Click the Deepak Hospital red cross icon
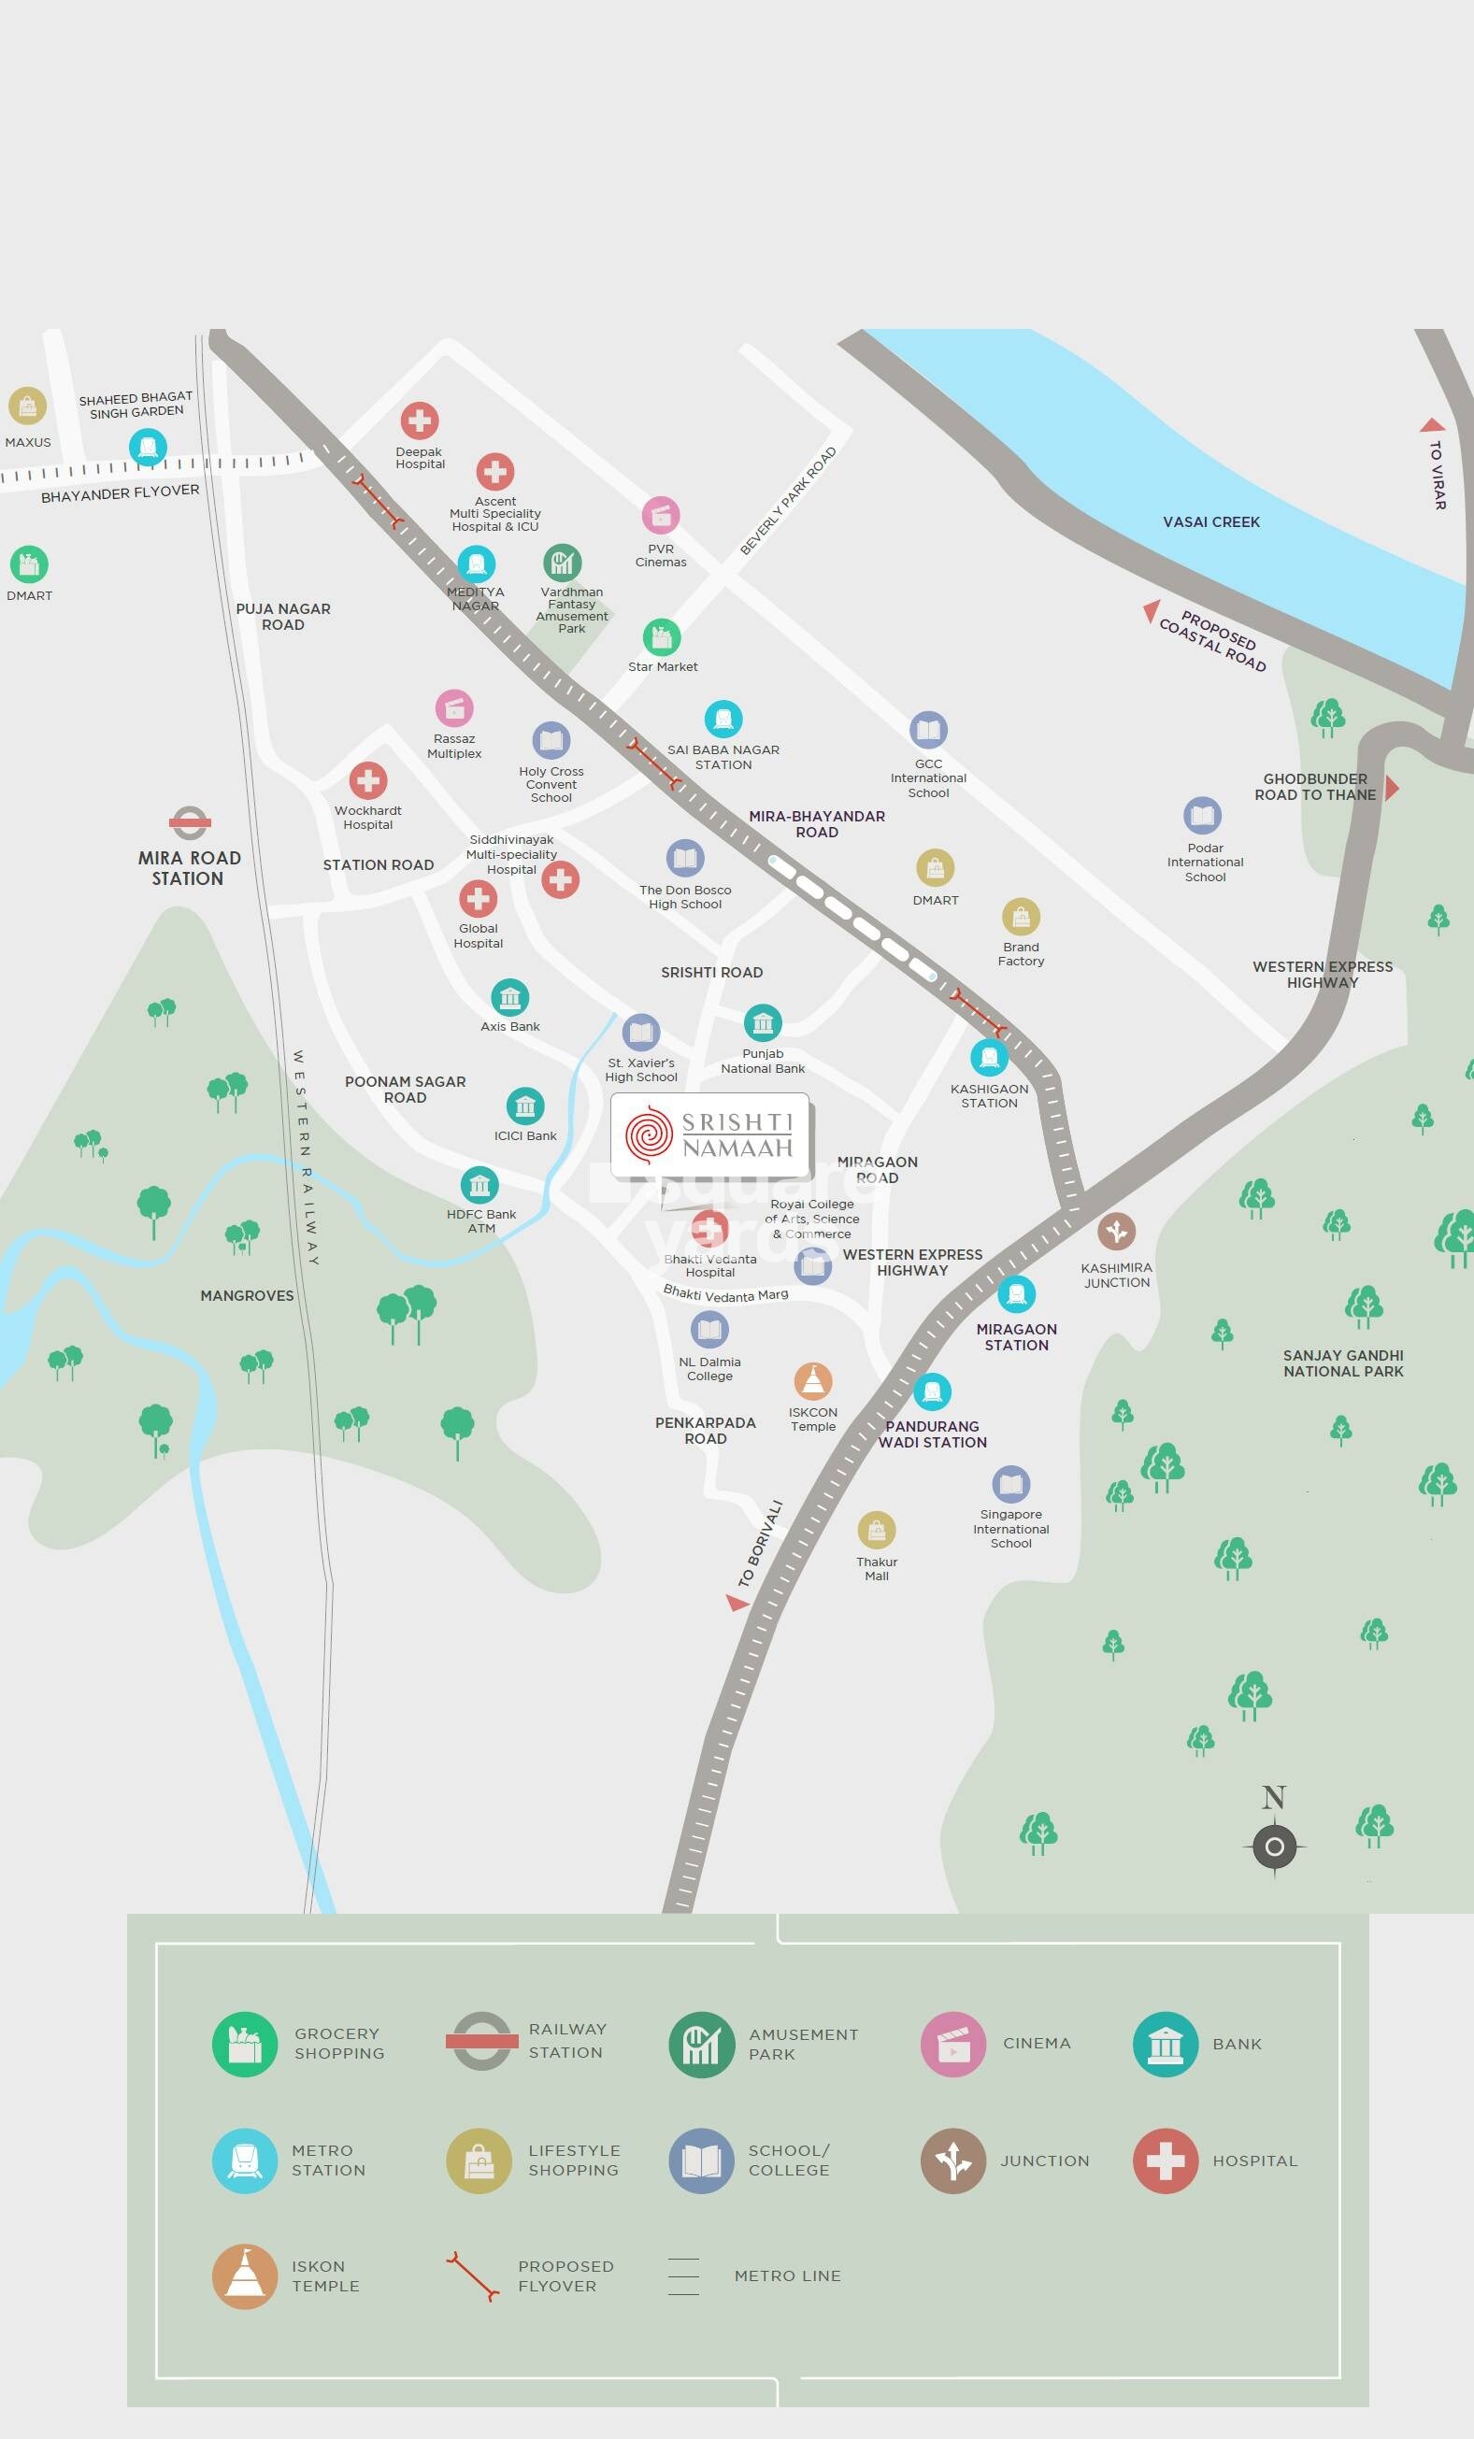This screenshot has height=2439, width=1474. [x=419, y=421]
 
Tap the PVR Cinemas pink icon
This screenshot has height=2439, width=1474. [x=660, y=516]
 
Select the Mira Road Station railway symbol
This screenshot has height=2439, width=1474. [x=189, y=821]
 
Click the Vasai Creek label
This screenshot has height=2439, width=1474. [x=1210, y=521]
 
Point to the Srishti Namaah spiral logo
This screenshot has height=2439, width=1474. [x=649, y=1135]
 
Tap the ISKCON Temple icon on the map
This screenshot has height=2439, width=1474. [x=813, y=1380]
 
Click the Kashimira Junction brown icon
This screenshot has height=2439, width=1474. [x=1116, y=1232]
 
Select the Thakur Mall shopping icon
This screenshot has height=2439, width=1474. [x=876, y=1530]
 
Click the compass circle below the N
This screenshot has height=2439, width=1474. [x=1274, y=1847]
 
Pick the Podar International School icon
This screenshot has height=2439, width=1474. [x=1202, y=816]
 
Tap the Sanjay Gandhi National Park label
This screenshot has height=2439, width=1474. [x=1342, y=1363]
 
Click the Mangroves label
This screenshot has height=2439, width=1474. [x=247, y=1296]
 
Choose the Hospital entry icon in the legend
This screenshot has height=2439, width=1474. [x=1166, y=2161]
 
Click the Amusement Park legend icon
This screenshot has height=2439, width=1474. [x=701, y=2044]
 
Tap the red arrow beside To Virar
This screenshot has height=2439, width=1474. [x=1431, y=425]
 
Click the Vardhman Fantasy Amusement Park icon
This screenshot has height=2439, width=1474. [x=562, y=563]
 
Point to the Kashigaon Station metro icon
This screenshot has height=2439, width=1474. [x=989, y=1057]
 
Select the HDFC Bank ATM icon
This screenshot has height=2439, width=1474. [x=479, y=1185]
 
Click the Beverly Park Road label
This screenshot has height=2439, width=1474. [x=788, y=501]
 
